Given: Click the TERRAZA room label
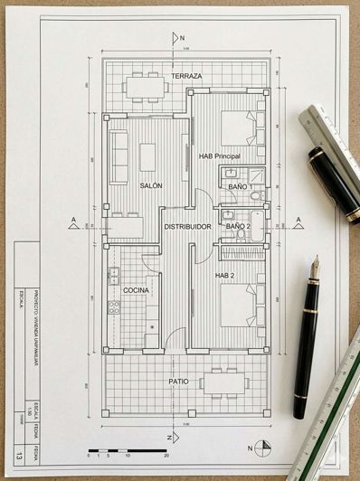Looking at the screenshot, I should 187,76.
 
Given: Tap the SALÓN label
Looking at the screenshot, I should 150,185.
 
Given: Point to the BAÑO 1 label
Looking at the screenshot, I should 239,186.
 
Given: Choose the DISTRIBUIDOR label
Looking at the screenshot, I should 187,226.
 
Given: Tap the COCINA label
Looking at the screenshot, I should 137,289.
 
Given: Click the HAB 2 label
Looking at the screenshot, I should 226,274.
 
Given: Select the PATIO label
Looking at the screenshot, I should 179,382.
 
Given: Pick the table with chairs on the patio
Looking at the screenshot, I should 220,382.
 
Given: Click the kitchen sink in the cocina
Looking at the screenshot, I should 114,275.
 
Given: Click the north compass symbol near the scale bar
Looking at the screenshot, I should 263,448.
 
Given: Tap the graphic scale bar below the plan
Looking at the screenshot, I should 127,449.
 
